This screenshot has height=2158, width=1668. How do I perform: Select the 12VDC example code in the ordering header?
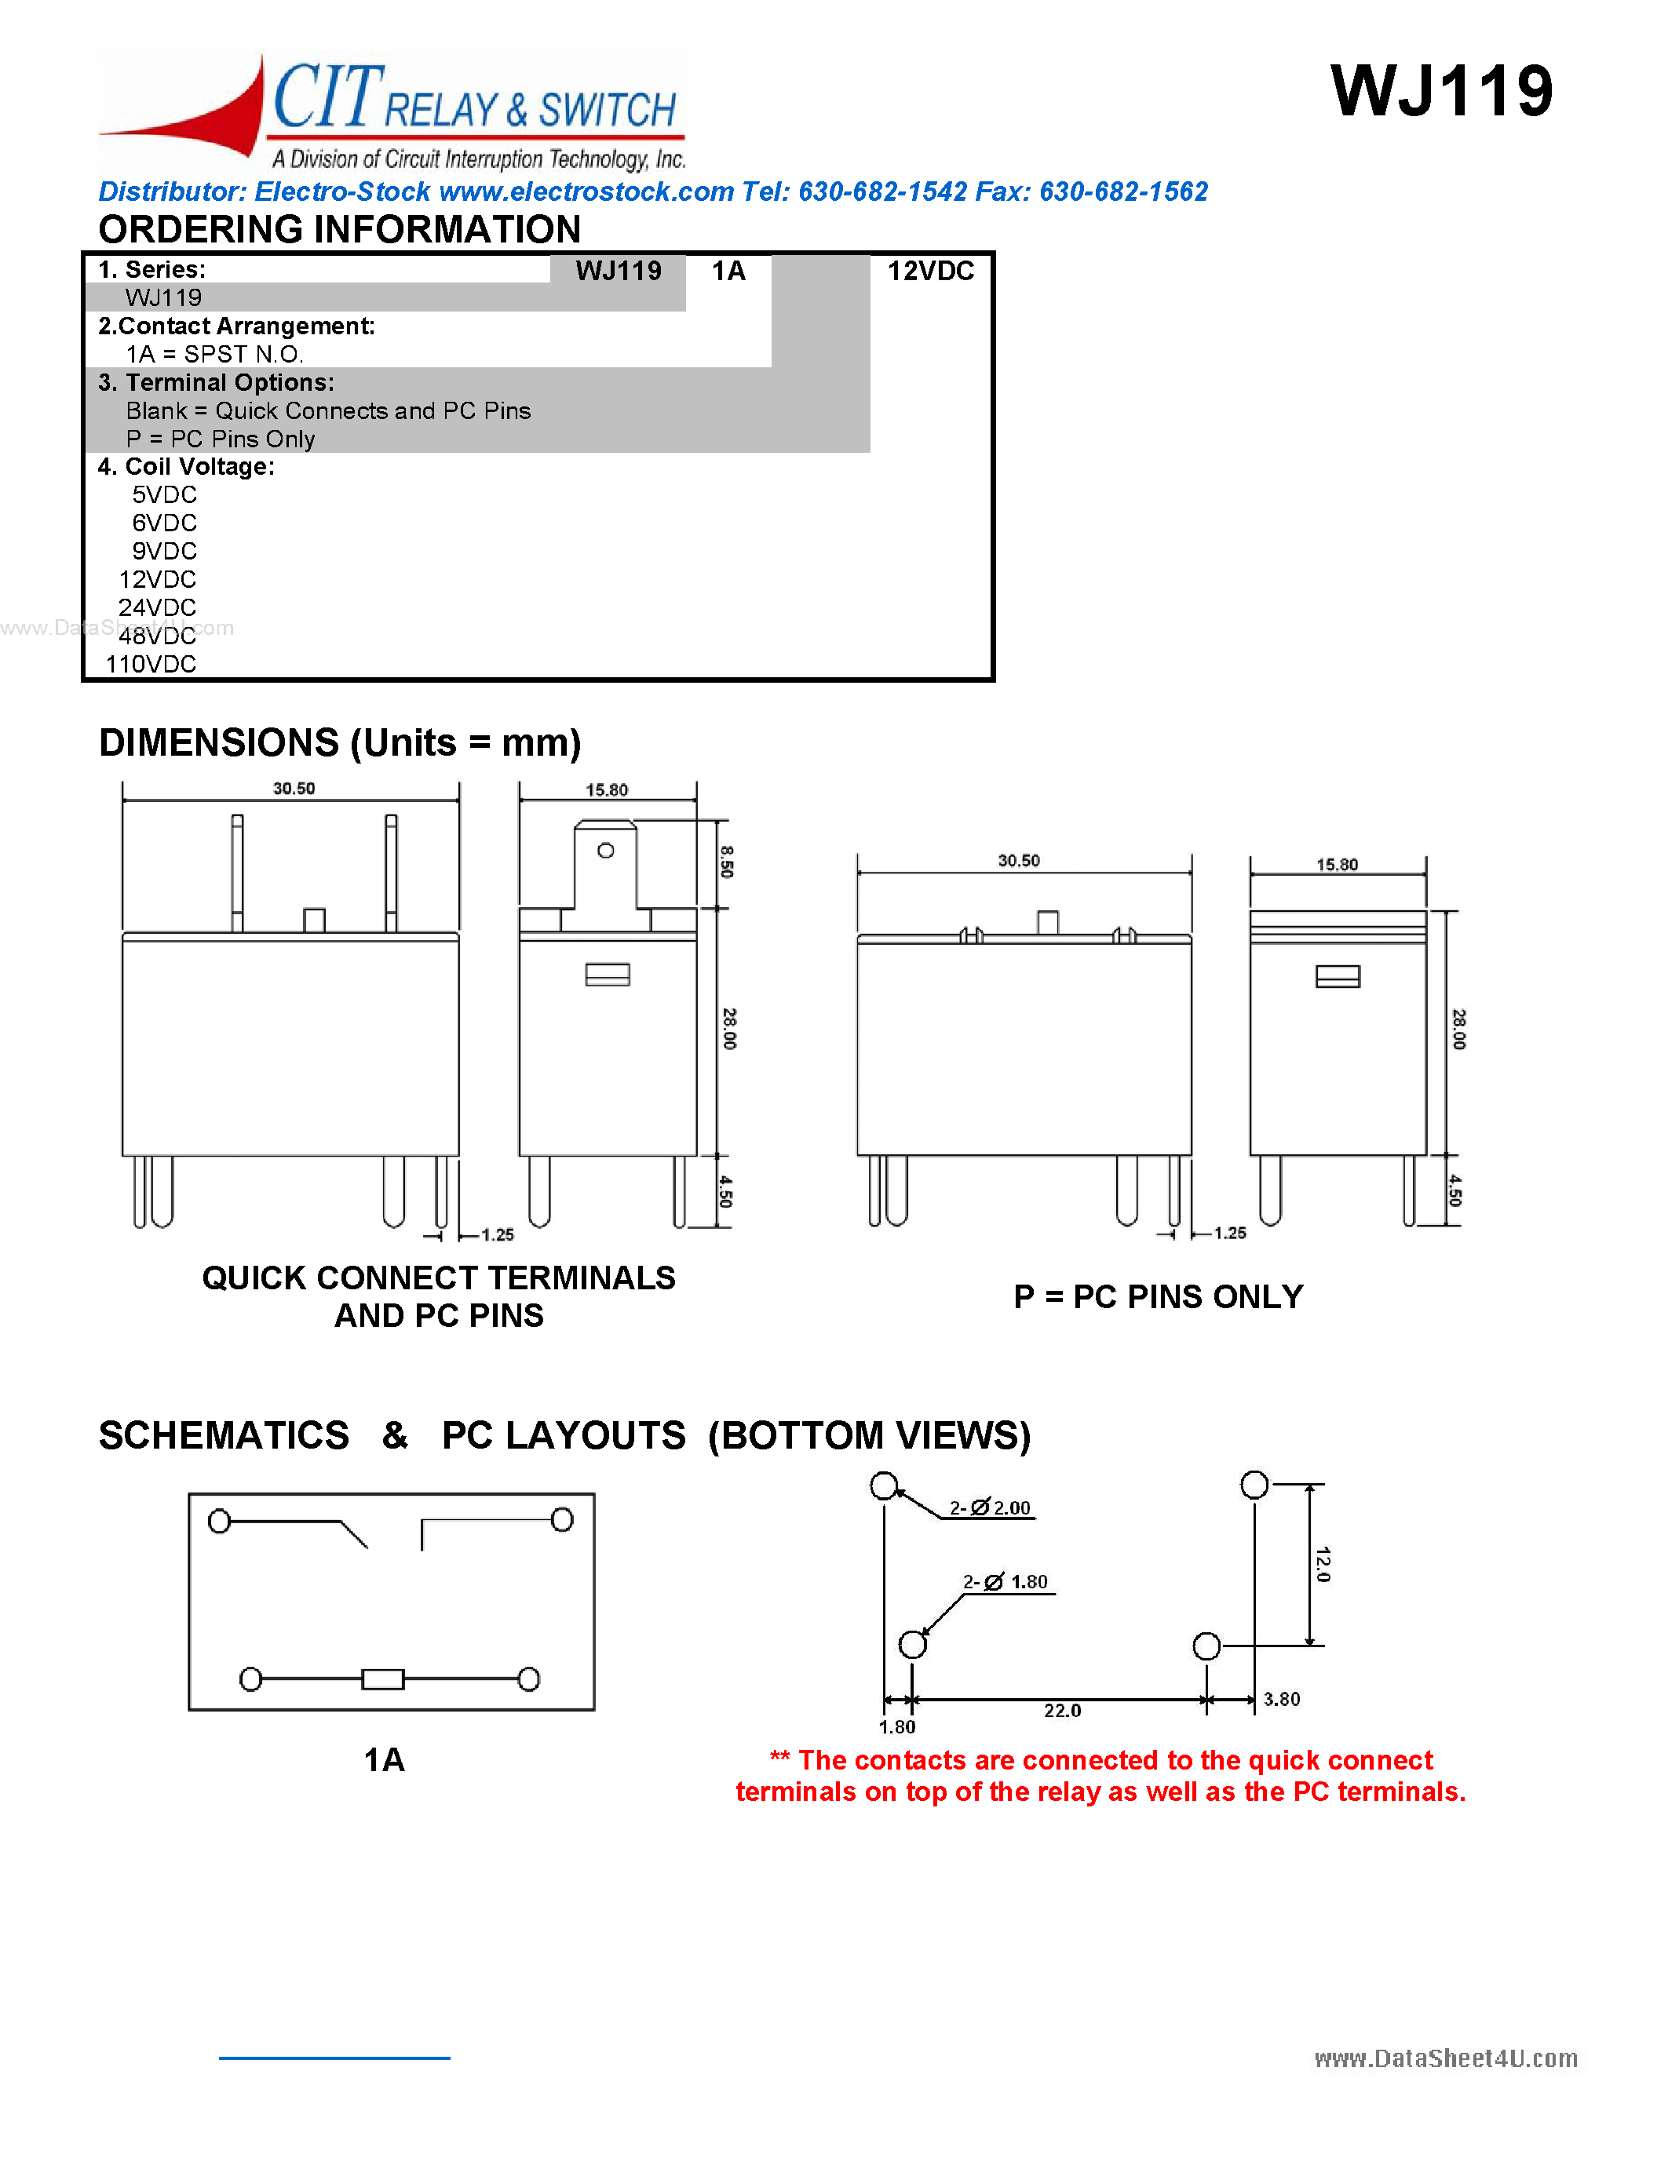pyautogui.click(x=930, y=271)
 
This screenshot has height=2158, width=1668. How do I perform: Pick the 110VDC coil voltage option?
pyautogui.click(x=151, y=664)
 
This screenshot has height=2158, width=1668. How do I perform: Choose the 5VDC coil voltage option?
pyautogui.click(x=164, y=494)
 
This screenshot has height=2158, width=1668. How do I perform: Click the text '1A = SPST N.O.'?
pyautogui.click(x=214, y=354)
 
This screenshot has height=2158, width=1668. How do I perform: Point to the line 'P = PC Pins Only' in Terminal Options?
pyautogui.click(x=221, y=439)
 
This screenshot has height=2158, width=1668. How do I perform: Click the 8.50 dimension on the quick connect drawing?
pyautogui.click(x=728, y=862)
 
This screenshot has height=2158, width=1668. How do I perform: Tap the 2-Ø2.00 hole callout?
pyautogui.click(x=990, y=1507)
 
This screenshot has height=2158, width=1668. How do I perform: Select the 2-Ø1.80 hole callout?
pyautogui.click(x=1006, y=1582)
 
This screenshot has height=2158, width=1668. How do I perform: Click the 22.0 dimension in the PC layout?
pyautogui.click(x=1062, y=1711)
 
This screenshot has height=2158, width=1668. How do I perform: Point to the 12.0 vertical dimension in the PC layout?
pyautogui.click(x=1324, y=1564)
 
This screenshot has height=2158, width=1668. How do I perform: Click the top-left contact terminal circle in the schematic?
pyautogui.click(x=219, y=1521)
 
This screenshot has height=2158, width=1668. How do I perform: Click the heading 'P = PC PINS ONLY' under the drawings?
pyautogui.click(x=1158, y=1296)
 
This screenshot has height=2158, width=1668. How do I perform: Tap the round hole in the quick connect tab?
pyautogui.click(x=606, y=851)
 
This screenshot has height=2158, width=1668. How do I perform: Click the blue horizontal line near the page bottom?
pyautogui.click(x=334, y=2058)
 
